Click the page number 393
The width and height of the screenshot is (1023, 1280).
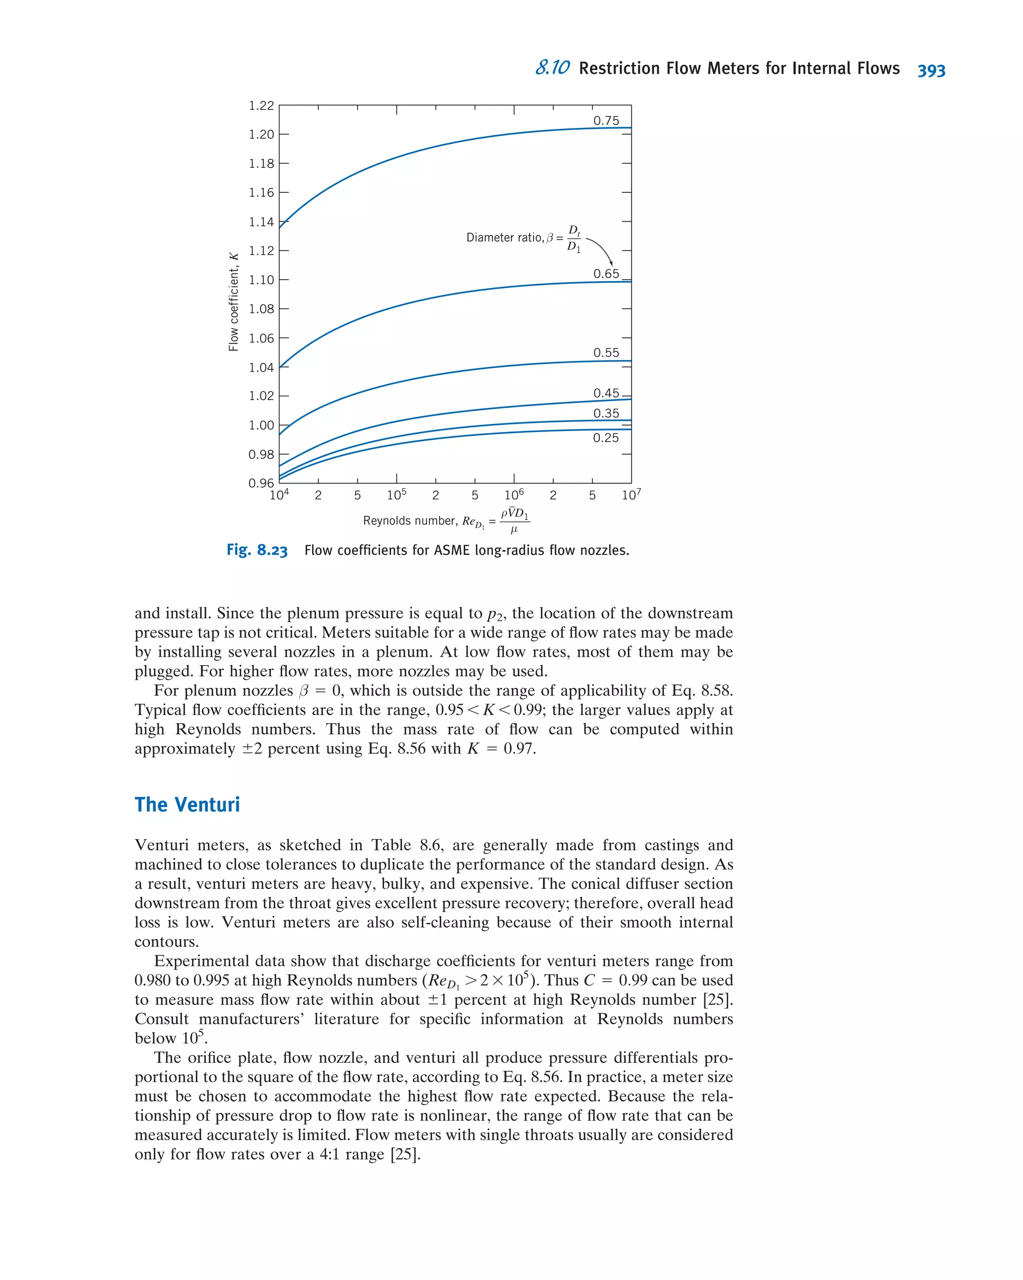[x=931, y=70]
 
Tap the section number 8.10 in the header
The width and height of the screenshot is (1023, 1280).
[x=552, y=68]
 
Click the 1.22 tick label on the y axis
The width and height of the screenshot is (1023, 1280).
[x=261, y=106]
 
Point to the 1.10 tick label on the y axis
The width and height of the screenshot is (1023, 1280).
[x=261, y=280]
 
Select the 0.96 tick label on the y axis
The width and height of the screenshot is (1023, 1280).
[x=261, y=483]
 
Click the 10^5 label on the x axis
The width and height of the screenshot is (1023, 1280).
[x=397, y=494]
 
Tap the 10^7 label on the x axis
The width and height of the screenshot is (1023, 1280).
[x=631, y=494]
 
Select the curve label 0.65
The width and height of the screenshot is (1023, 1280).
[x=606, y=274]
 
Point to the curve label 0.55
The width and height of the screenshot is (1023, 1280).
[x=606, y=353]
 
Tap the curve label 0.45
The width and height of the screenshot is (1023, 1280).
[x=606, y=393]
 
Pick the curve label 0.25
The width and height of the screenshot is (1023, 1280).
[x=605, y=438]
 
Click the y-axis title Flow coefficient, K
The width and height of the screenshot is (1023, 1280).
[x=233, y=302]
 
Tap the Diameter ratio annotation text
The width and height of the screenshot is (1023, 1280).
[x=505, y=238]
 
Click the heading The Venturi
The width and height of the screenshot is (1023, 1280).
[x=187, y=805]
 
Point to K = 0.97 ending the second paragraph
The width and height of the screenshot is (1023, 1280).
[x=502, y=749]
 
